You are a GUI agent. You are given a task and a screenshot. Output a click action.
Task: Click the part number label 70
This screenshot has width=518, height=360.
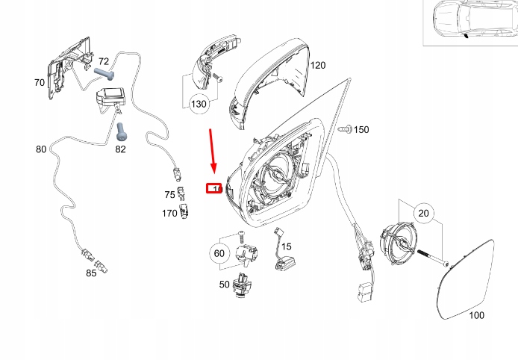pyautogui.click(x=39, y=83)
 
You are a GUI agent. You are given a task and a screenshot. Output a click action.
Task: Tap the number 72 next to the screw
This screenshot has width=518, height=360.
pyautogui.click(x=104, y=61)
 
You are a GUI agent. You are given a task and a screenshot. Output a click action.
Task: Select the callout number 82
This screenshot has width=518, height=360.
pyautogui.click(x=120, y=149)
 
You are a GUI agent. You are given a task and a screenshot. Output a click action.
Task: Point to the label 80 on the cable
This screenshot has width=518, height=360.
pyautogui.click(x=41, y=149)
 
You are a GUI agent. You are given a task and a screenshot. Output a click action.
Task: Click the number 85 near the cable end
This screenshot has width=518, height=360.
pyautogui.click(x=90, y=273)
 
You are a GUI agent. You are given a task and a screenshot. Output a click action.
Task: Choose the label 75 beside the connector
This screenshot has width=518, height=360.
pyautogui.click(x=169, y=195)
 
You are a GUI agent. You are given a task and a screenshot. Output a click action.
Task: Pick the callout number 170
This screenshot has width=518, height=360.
pyautogui.click(x=169, y=214)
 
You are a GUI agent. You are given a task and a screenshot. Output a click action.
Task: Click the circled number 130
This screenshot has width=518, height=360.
pyautogui.click(x=198, y=105)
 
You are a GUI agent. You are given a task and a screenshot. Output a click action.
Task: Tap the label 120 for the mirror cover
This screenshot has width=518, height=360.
pyautogui.click(x=318, y=66)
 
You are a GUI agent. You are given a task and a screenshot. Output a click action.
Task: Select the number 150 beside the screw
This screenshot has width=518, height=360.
pyautogui.click(x=361, y=130)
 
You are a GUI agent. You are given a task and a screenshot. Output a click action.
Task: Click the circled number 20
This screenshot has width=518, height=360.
pyautogui.click(x=423, y=214)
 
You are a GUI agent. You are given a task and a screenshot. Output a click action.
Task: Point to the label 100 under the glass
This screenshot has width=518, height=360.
pyautogui.click(x=475, y=315)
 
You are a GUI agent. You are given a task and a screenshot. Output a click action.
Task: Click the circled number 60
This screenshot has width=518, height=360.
pyautogui.click(x=219, y=254)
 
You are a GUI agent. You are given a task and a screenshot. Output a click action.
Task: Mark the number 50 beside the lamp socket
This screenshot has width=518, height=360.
pyautogui.click(x=224, y=285)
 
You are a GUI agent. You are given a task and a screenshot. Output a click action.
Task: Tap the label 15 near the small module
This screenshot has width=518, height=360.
pyautogui.click(x=287, y=246)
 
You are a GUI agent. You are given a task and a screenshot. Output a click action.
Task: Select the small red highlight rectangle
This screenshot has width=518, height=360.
pyautogui.click(x=214, y=187)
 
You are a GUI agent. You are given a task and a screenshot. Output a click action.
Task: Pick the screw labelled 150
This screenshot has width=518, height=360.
pyautogui.click(x=345, y=130)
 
